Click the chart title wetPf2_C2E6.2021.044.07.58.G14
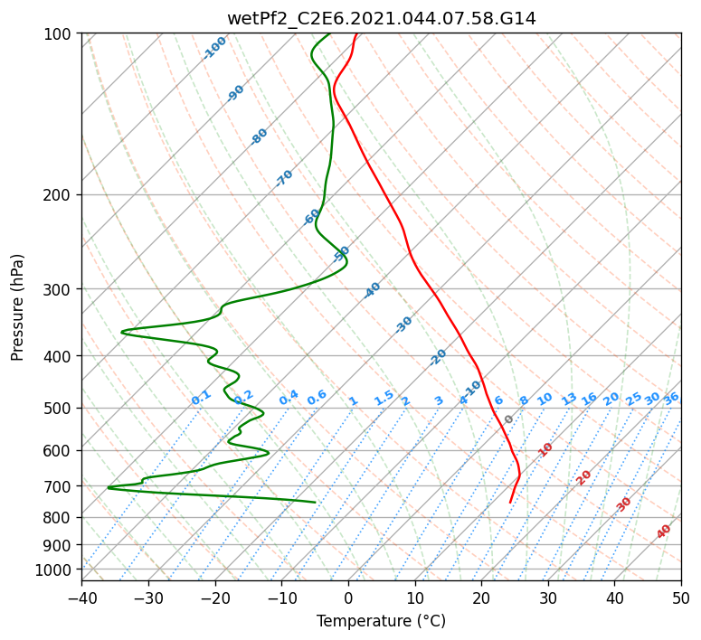coord(382,19)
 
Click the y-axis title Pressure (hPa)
coord(17,307)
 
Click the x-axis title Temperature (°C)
coord(382,621)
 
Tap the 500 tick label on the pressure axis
coord(57,408)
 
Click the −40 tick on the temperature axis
coord(81,598)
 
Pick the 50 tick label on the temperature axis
coord(681,598)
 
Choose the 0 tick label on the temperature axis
coord(348,598)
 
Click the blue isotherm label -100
coord(214,48)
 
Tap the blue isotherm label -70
coord(284,178)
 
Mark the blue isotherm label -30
coord(403,325)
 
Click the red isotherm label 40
coord(663,532)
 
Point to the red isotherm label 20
coord(583,478)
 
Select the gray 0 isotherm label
coord(508,419)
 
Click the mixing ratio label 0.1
coord(201,398)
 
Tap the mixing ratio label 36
coord(671,399)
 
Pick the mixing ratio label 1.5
coord(384,398)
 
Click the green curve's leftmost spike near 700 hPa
coord(109,487)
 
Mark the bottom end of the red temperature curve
coord(510,503)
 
